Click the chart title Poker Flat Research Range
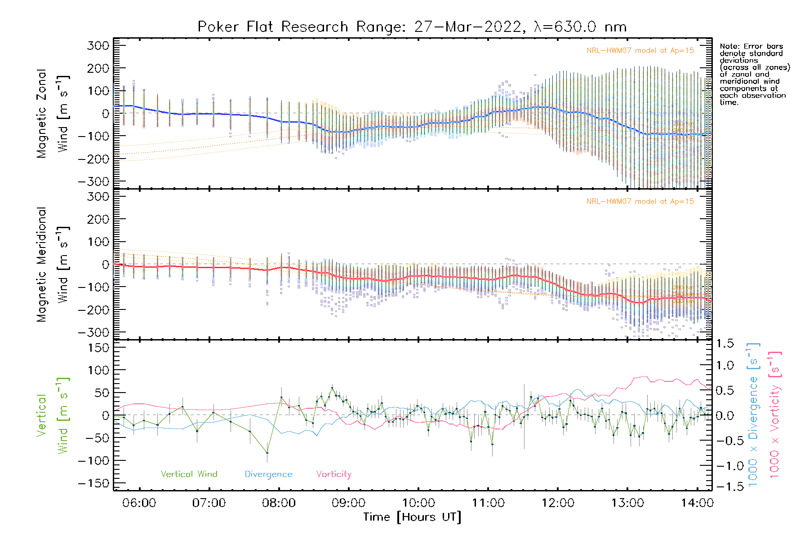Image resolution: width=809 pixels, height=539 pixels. (x=412, y=27)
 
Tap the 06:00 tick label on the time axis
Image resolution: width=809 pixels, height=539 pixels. (x=139, y=503)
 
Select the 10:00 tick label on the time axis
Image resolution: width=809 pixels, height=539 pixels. (x=418, y=503)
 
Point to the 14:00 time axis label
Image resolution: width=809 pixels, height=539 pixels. (x=697, y=503)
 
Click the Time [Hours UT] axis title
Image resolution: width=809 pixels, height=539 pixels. (x=412, y=517)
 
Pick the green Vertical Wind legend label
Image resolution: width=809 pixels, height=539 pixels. (x=189, y=474)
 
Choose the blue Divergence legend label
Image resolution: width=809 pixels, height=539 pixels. (x=268, y=474)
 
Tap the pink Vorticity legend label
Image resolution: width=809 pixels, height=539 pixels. (x=333, y=474)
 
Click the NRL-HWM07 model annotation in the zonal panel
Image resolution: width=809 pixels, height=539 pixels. (x=640, y=51)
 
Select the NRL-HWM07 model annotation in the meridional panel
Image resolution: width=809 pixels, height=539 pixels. (x=640, y=202)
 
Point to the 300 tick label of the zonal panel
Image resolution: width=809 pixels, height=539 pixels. (x=98, y=46)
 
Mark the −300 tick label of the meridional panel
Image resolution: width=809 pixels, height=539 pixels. (x=94, y=332)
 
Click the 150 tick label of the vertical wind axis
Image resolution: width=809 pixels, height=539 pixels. (x=98, y=348)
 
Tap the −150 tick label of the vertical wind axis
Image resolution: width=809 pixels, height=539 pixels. (x=94, y=483)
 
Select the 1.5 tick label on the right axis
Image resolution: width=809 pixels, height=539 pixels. (x=725, y=344)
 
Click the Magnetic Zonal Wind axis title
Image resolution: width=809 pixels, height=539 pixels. (x=53, y=113)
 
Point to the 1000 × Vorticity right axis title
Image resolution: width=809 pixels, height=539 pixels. (x=774, y=415)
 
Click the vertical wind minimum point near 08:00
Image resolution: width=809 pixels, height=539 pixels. (x=267, y=453)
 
